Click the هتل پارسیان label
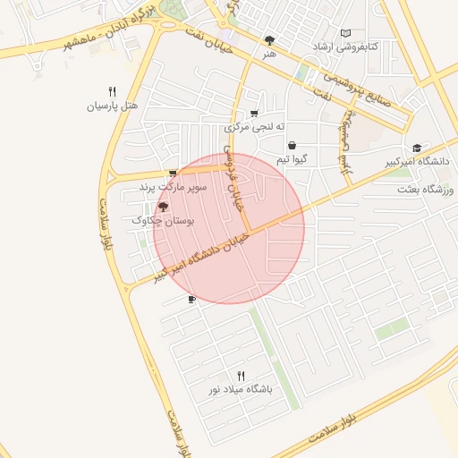[x=112, y=106]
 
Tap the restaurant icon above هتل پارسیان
[x=112, y=90]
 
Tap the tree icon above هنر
[x=270, y=40]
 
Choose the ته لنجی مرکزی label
[x=254, y=126]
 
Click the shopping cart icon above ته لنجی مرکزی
[x=254, y=113]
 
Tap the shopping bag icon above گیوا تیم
[x=293, y=145]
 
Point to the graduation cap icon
[x=417, y=148]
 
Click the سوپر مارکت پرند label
[x=174, y=187]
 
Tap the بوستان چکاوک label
[x=163, y=219]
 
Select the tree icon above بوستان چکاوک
[x=162, y=207]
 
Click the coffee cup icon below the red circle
[x=191, y=300]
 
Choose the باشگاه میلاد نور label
[x=240, y=390]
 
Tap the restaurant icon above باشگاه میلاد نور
[x=240, y=376]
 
